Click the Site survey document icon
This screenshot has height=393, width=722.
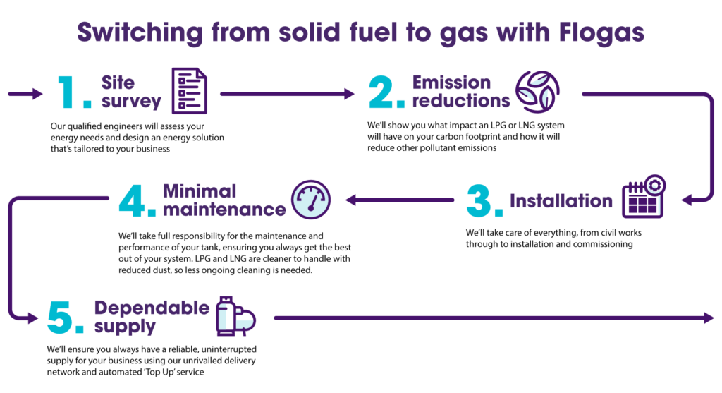tap(190, 92)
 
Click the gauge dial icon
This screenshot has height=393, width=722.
tap(310, 200)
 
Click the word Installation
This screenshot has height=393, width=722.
tap(561, 201)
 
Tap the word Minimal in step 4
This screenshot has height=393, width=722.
tap(190, 191)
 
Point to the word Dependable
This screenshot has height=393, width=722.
tap(151, 308)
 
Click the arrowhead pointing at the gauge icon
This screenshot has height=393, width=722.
tap(349, 201)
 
